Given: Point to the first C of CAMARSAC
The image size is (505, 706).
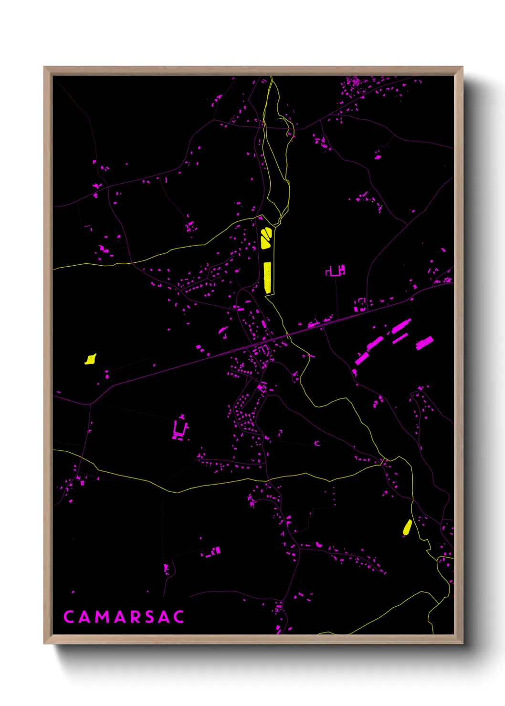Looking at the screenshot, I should (x=68, y=617).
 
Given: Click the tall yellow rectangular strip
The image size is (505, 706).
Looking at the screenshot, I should (x=268, y=277).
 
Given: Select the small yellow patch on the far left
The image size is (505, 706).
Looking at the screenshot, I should (x=91, y=359).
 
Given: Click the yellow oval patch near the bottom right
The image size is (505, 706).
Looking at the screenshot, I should (x=407, y=527).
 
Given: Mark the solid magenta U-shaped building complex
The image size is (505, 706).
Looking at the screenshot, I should (x=180, y=429).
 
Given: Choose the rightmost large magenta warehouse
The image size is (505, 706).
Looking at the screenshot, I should (x=424, y=343).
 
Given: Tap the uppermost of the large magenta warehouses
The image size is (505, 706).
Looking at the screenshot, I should (x=401, y=327).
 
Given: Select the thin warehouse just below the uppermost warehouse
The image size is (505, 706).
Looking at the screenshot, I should (x=400, y=338).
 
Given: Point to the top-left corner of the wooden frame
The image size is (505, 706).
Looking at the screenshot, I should (x=44, y=67).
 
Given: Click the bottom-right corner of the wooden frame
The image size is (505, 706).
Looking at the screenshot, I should (x=462, y=643).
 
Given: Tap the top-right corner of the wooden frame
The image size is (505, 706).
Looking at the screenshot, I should (x=462, y=67).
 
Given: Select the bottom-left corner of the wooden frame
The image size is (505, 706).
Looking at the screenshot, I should (x=44, y=643).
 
